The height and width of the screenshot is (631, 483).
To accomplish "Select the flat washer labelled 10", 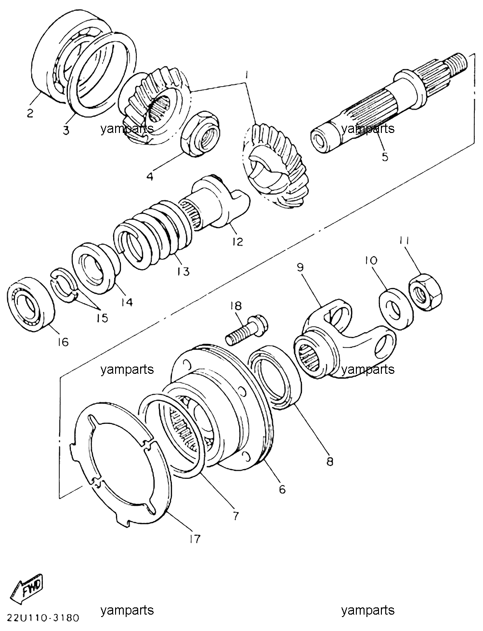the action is pos(396,309).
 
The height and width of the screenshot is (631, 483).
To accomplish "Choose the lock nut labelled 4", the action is pos(201,133).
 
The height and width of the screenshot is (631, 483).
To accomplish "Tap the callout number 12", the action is pos(237,241).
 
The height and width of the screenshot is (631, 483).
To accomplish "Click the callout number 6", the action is pos(282,489).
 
